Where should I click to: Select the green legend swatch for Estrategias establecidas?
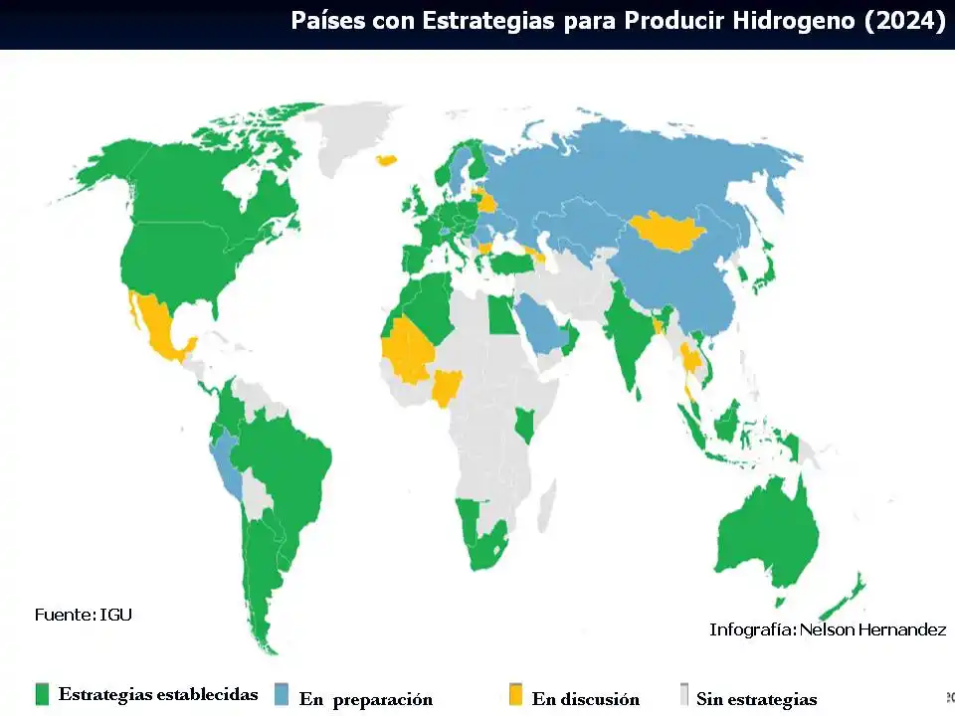coord(42,694)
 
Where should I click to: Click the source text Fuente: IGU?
coord(84,615)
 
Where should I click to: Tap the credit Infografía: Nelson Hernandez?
coord(827,629)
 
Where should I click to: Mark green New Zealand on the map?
coord(846,598)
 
